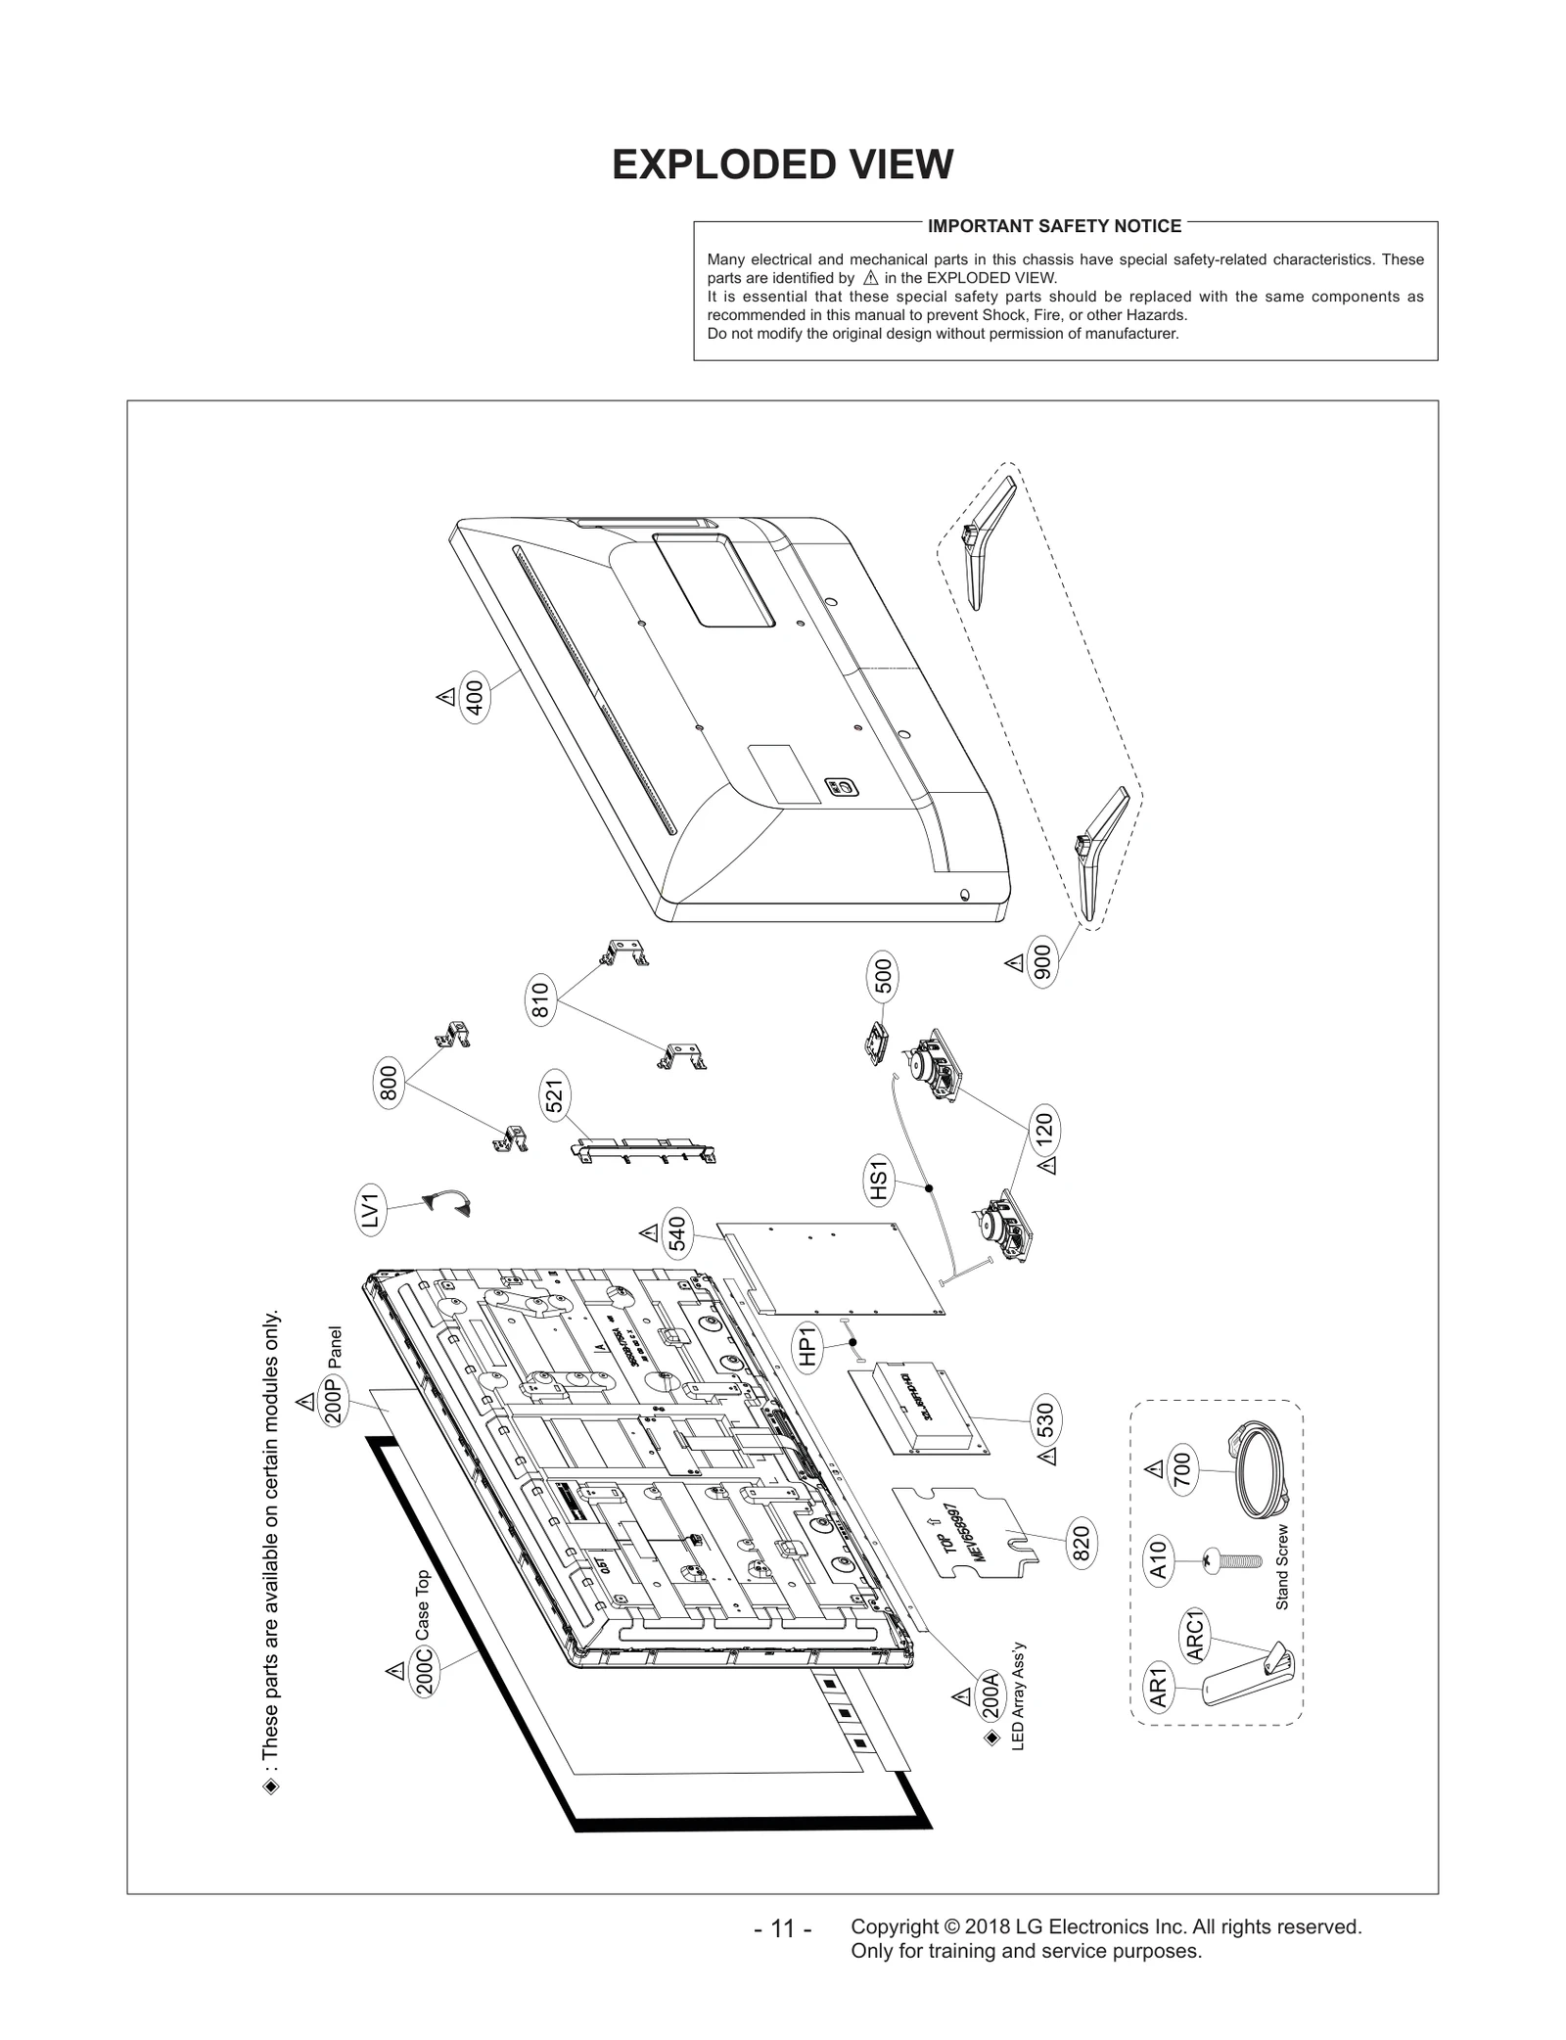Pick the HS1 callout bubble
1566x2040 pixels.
(878, 1179)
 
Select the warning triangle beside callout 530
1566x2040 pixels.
(1048, 1457)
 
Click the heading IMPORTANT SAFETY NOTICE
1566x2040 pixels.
(1054, 226)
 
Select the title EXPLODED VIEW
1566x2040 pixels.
(782, 164)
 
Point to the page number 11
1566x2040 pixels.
(782, 1928)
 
